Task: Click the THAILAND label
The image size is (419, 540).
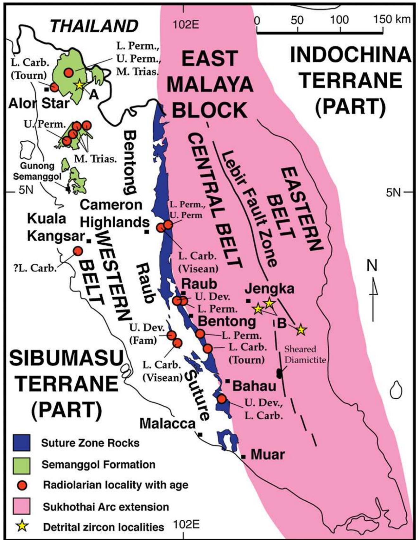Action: click(x=94, y=26)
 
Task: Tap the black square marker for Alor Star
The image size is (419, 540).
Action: click(x=47, y=89)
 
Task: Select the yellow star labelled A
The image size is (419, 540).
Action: click(x=79, y=85)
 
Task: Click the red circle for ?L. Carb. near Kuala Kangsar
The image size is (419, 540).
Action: click(x=78, y=251)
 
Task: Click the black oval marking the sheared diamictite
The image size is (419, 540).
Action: click(x=279, y=373)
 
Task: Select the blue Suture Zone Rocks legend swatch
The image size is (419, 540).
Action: click(x=22, y=443)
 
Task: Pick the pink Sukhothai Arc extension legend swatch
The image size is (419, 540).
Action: click(x=22, y=506)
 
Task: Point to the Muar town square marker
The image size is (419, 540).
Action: click(x=243, y=456)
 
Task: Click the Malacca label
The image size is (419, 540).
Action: click(x=167, y=423)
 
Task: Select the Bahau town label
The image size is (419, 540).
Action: click(x=254, y=386)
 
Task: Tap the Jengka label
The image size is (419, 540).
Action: click(x=269, y=288)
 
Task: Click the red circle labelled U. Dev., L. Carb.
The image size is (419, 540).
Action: click(x=221, y=399)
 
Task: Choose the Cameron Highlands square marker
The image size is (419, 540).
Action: click(x=147, y=232)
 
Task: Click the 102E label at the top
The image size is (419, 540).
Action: click(x=187, y=24)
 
